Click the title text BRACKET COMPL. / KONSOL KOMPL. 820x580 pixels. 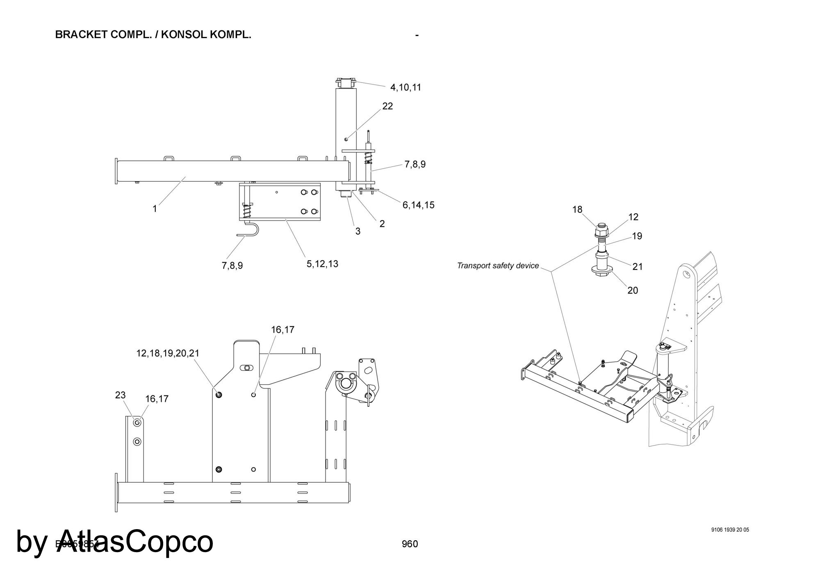(153, 35)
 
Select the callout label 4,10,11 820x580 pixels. (405, 87)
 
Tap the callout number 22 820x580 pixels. (387, 106)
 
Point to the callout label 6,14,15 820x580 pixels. (418, 205)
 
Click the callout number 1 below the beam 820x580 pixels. (155, 209)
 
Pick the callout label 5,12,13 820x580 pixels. (322, 264)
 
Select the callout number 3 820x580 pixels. (358, 231)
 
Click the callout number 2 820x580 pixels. (382, 224)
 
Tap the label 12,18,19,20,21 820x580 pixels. (168, 353)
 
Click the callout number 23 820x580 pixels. (120, 395)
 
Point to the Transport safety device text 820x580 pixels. (498, 266)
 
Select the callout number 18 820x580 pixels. (577, 210)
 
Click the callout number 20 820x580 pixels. (633, 290)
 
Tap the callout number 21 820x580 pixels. (638, 267)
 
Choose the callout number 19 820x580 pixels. (637, 236)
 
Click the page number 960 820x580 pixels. (410, 544)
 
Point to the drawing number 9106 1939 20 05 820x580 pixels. (730, 530)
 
